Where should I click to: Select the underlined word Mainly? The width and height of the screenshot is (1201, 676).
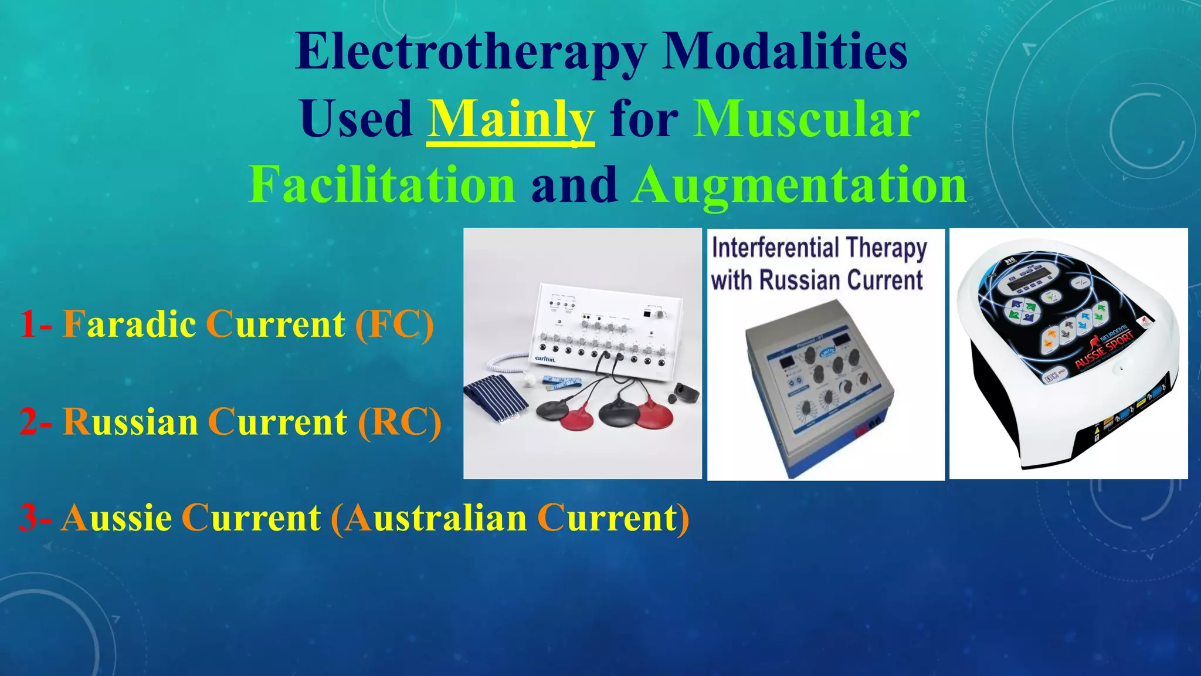click(x=511, y=119)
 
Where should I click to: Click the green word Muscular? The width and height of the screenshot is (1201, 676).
click(x=806, y=119)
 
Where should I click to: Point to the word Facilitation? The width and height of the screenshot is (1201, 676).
click(x=382, y=185)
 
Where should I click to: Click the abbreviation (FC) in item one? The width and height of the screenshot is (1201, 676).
click(x=394, y=325)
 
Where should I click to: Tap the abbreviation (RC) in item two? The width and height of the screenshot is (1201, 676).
click(x=399, y=422)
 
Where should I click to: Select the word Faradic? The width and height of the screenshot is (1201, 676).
click(x=130, y=325)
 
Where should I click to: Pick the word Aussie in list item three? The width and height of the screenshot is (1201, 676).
click(x=116, y=518)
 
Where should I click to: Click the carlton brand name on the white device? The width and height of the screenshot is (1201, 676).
click(x=545, y=359)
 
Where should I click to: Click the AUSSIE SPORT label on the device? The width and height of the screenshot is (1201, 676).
click(x=1104, y=349)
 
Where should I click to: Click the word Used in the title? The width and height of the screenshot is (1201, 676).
click(x=356, y=119)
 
